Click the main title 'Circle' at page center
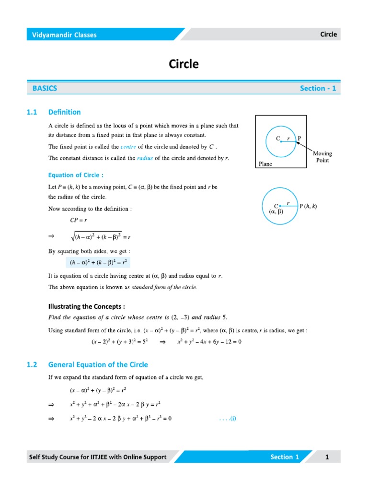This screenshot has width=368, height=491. [x=184, y=64]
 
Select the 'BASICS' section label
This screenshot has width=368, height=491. [x=45, y=88]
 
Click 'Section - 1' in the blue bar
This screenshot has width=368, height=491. [x=318, y=88]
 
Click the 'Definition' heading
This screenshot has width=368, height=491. [x=65, y=112]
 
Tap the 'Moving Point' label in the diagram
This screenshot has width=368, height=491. [x=322, y=157]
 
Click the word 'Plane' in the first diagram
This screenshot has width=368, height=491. [x=265, y=164]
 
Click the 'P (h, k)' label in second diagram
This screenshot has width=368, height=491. [x=308, y=206]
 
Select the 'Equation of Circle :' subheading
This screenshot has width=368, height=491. [x=76, y=175]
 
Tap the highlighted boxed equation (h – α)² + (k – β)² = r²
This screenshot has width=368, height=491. [x=98, y=263]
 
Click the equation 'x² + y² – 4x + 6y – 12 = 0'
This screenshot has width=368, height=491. [x=209, y=342]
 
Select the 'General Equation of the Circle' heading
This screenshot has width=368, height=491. [x=98, y=364]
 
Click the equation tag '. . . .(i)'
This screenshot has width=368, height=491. [x=228, y=419]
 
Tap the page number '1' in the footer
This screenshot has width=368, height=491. [x=327, y=457]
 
